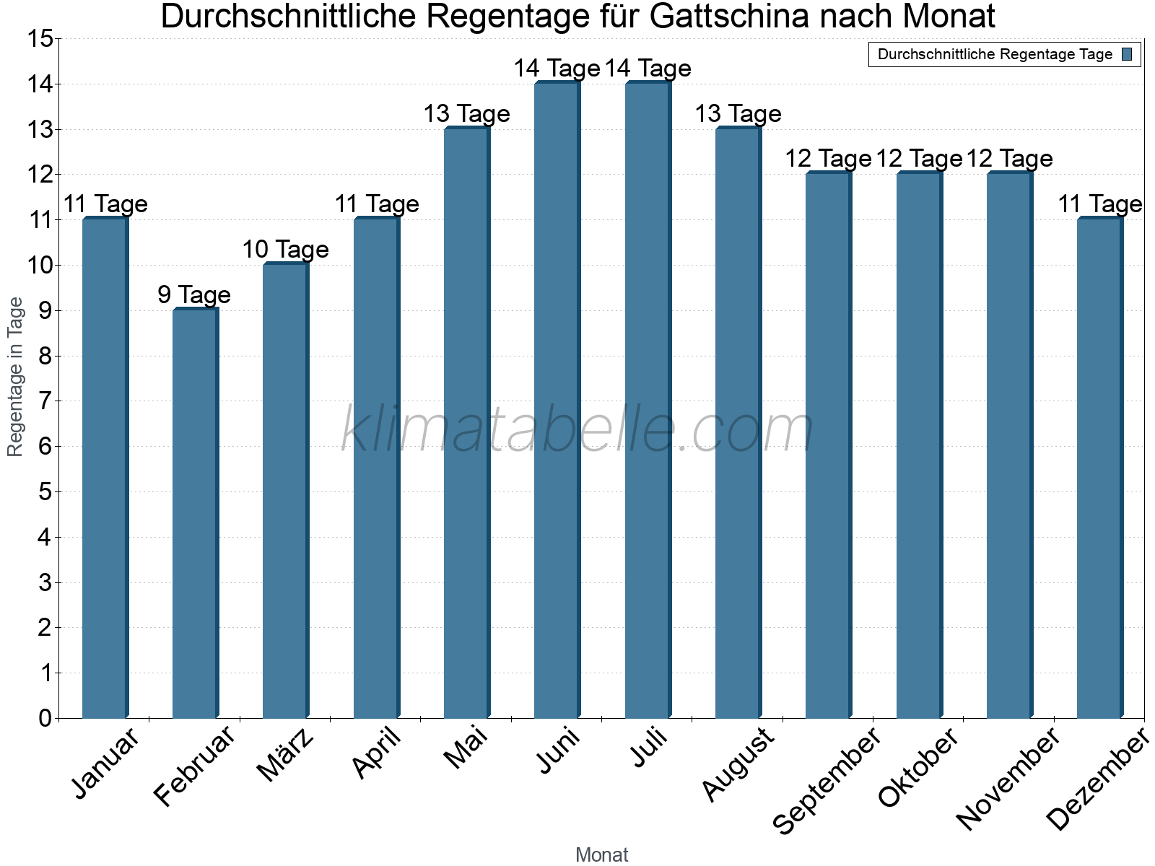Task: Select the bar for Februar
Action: (x=195, y=514)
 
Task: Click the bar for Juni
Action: (x=557, y=401)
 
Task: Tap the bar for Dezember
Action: (x=1099, y=468)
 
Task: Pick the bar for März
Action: (x=285, y=491)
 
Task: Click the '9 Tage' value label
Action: (x=194, y=294)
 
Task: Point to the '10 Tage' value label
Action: (x=285, y=250)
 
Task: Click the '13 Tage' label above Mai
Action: (x=466, y=114)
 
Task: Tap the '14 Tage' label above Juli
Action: (x=648, y=69)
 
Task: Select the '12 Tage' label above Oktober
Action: (x=919, y=159)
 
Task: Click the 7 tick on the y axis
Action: (x=45, y=401)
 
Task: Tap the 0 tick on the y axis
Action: (x=45, y=718)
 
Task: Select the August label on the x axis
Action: (x=738, y=764)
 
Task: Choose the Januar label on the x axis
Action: (x=106, y=764)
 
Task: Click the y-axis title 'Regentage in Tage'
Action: (x=16, y=377)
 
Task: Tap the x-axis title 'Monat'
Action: (x=601, y=855)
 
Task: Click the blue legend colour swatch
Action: (x=1128, y=54)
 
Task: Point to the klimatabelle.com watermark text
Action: (x=577, y=429)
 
